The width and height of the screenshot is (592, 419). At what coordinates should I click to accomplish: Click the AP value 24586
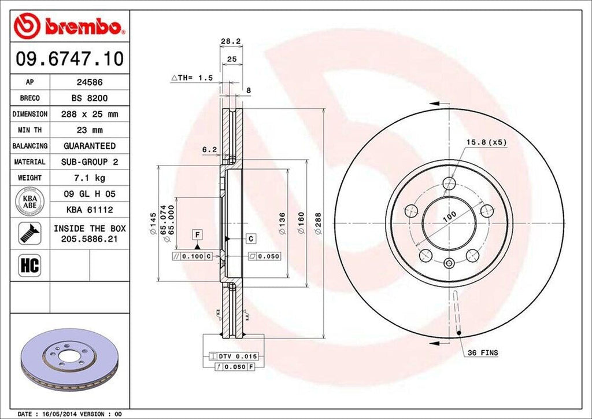tap(90, 82)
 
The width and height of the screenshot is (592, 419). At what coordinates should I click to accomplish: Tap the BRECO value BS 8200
tap(90, 98)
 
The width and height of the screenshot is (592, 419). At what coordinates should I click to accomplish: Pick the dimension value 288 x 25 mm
tap(90, 114)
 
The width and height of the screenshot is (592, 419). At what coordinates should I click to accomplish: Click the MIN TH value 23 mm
tap(90, 130)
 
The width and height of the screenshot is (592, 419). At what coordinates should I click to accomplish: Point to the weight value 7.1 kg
tap(90, 177)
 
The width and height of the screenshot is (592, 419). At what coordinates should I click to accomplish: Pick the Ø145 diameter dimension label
tap(153, 223)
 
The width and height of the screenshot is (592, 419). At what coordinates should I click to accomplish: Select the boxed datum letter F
tap(198, 234)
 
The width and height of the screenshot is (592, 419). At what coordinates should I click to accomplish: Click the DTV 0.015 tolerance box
tap(237, 356)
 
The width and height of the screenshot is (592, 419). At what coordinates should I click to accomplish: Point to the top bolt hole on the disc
tap(449, 184)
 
